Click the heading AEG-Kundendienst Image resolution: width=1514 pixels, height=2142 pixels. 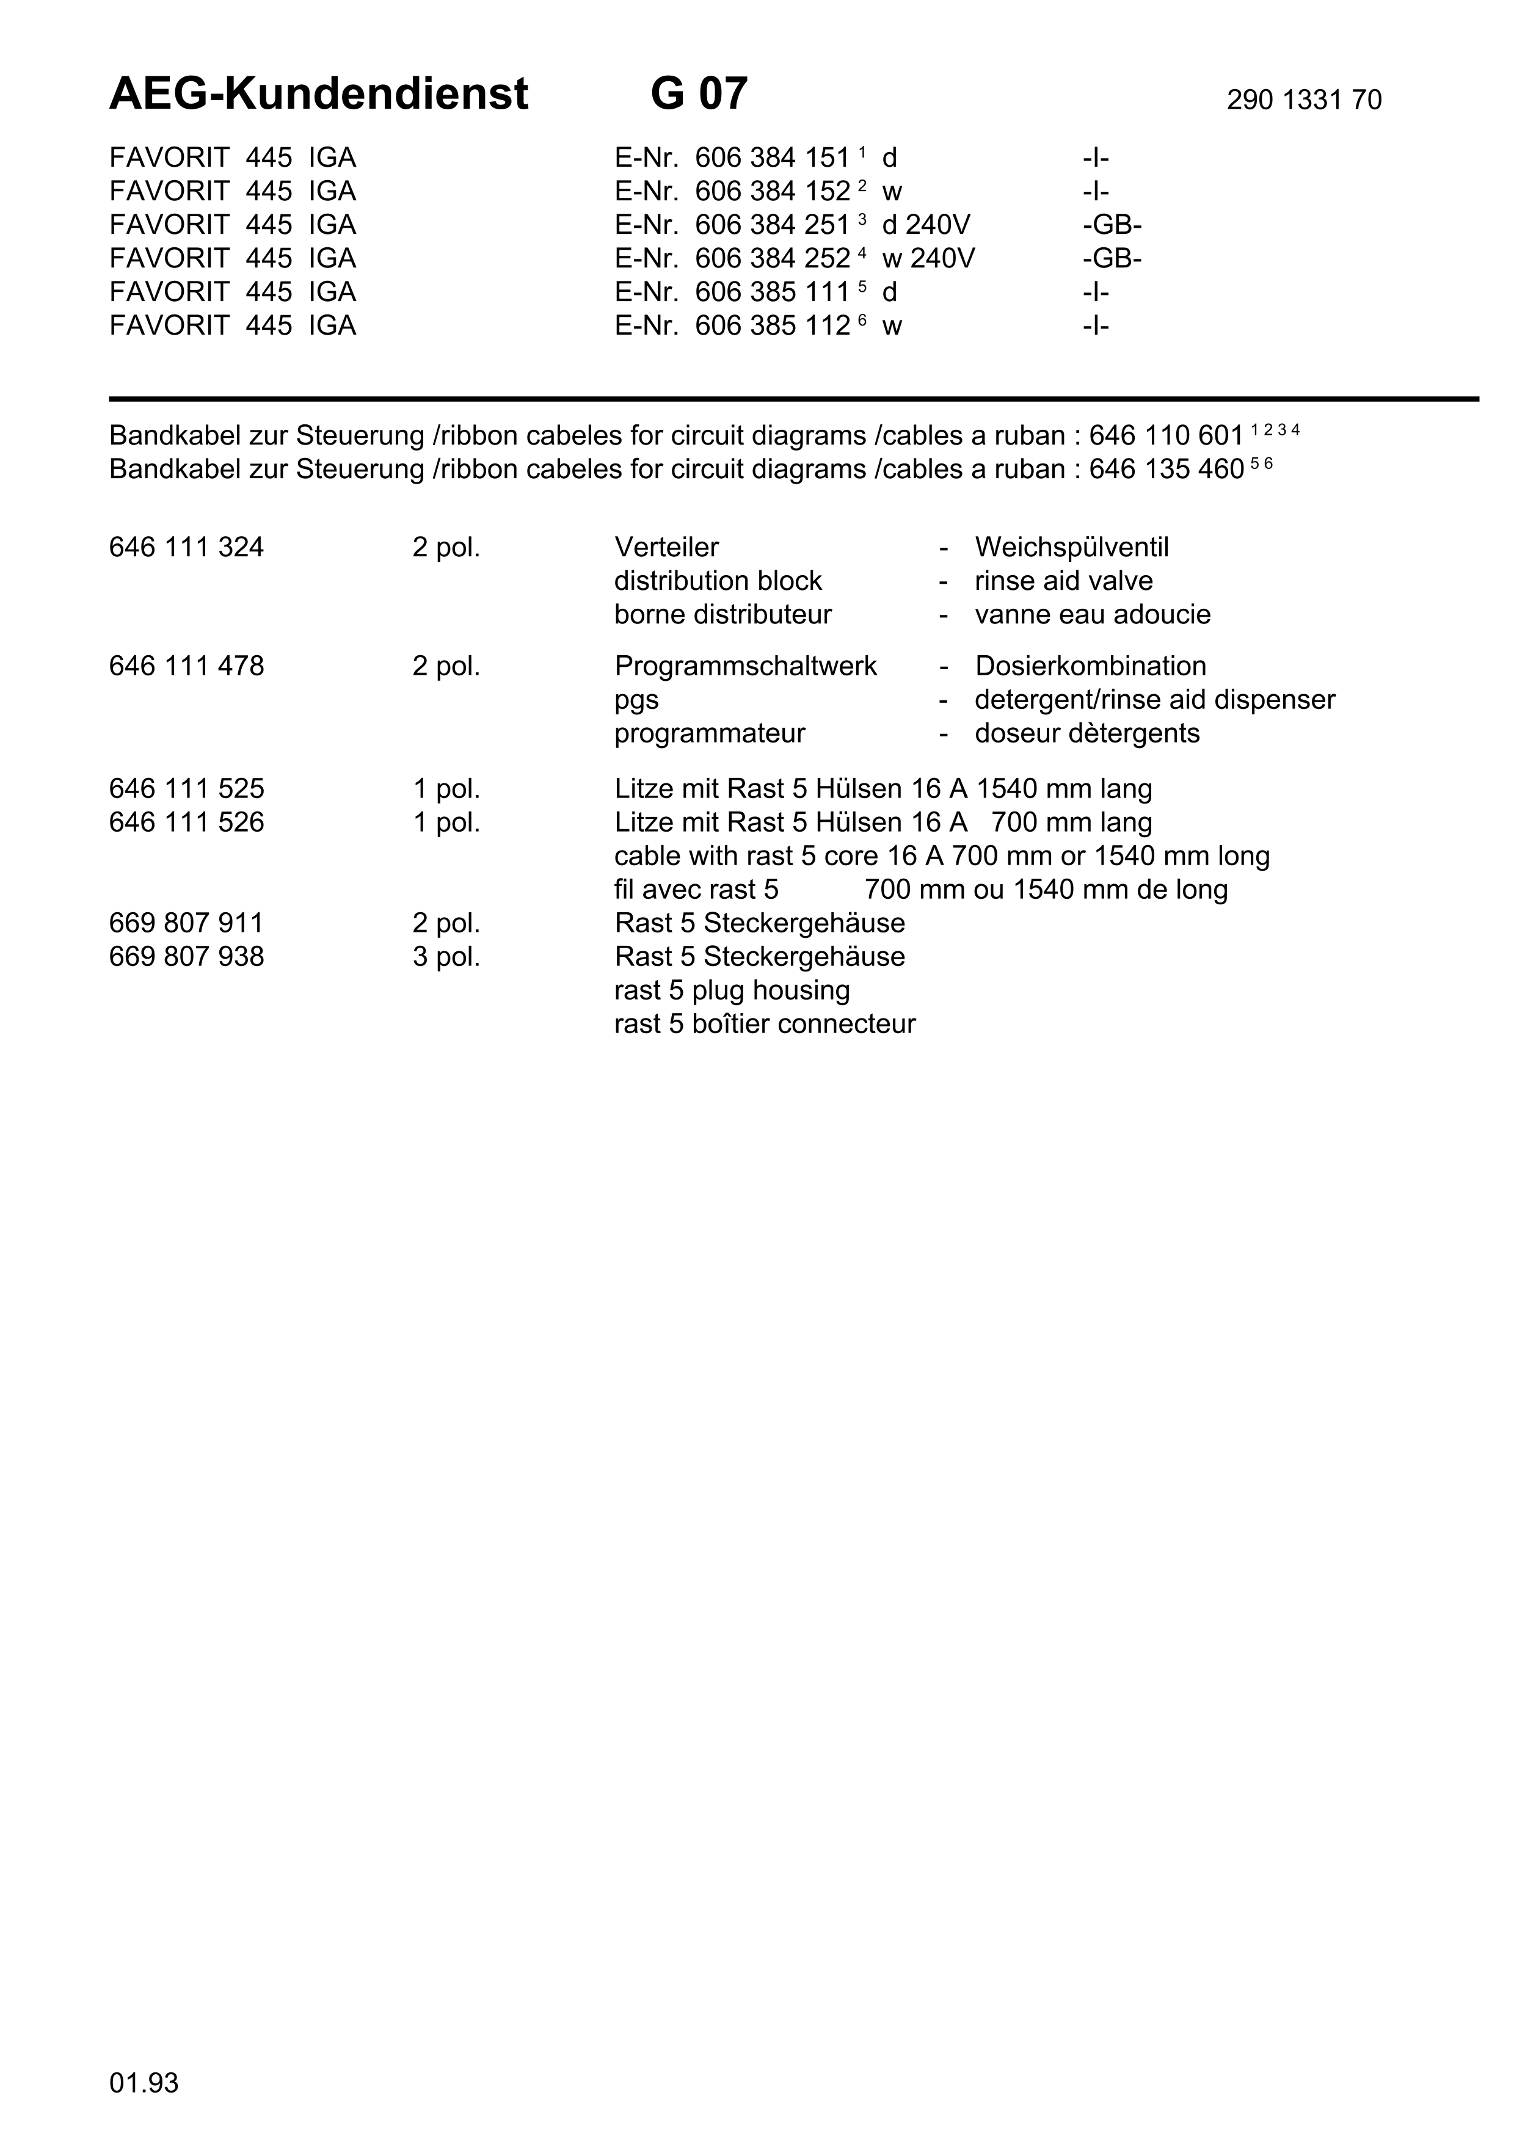[318, 94]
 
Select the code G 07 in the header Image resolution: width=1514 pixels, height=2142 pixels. [699, 94]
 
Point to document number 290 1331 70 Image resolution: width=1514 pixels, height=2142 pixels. [1303, 100]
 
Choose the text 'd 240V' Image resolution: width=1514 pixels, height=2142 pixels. [925, 225]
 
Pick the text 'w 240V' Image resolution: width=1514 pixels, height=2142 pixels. [928, 258]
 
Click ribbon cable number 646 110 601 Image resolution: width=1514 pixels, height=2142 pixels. [1166, 436]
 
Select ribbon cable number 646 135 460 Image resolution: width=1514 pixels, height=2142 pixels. [1166, 470]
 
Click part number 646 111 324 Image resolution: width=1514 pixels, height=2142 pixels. [186, 548]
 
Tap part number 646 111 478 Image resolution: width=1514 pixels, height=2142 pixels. [186, 666]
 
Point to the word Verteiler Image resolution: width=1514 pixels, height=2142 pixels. [666, 548]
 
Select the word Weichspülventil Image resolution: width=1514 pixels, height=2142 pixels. [1071, 548]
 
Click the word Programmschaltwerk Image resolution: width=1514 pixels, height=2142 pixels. [745, 666]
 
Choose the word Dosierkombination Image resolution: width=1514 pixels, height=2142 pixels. [1090, 666]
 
